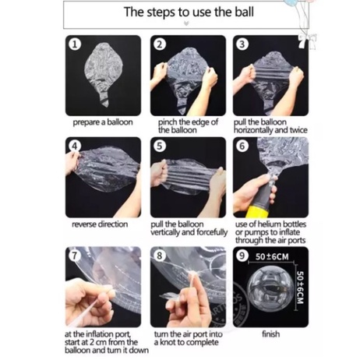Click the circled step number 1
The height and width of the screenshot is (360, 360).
point(75,44)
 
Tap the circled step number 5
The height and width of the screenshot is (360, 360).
point(160,146)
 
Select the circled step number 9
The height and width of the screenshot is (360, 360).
point(242,256)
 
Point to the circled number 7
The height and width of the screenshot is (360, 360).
point(75,256)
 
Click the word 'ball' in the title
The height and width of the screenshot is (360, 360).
point(244,12)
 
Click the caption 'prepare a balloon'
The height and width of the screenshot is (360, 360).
point(103,122)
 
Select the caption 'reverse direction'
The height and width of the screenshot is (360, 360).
point(100,224)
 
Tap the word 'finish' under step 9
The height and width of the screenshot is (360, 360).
point(271,334)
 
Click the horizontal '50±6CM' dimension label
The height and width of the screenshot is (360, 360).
point(272,257)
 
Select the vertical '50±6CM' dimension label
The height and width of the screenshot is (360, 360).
point(300,288)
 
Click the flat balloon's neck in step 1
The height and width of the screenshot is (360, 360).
point(104,99)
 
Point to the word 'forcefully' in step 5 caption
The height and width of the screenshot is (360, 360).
point(212,232)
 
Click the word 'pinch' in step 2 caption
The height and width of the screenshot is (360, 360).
point(167,122)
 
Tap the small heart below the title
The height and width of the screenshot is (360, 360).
point(186,24)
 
